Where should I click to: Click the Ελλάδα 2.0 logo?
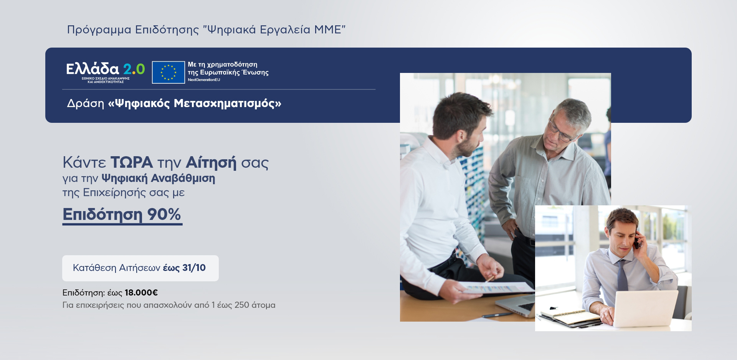pyautogui.click(x=106, y=73)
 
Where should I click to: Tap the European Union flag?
pyautogui.click(x=168, y=72)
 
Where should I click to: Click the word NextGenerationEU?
pyautogui.click(x=204, y=80)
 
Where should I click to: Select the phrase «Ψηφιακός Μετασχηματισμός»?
pyautogui.click(x=195, y=104)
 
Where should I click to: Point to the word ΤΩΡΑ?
pyautogui.click(x=132, y=162)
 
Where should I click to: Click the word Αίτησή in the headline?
pyautogui.click(x=211, y=162)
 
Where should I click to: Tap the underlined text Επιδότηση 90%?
pyautogui.click(x=122, y=215)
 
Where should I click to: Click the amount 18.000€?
pyautogui.click(x=141, y=293)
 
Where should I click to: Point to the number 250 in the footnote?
pyautogui.click(x=242, y=305)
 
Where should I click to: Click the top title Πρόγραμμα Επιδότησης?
pyautogui.click(x=133, y=30)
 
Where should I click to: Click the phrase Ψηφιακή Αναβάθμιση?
pyautogui.click(x=158, y=178)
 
